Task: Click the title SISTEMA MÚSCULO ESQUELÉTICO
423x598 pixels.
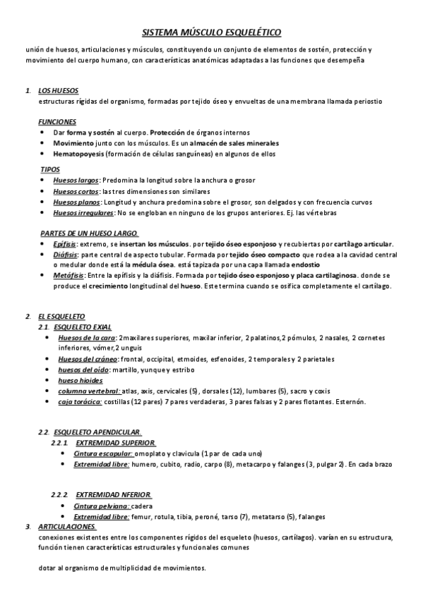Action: [x=211, y=32]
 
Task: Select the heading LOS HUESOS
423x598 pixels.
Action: [x=58, y=92]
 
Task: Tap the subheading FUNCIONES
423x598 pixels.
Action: [x=57, y=122]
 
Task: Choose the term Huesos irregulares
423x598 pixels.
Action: [x=83, y=213]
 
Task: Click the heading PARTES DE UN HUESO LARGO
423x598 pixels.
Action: [x=88, y=233]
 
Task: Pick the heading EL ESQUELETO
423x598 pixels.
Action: [x=61, y=317]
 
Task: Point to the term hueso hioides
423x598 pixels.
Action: [x=80, y=381]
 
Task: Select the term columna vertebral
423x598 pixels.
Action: [x=88, y=391]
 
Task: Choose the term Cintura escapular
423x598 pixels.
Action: [x=103, y=453]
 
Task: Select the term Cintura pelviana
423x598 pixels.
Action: [x=102, y=506]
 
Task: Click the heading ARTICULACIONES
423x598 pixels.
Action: [x=66, y=527]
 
